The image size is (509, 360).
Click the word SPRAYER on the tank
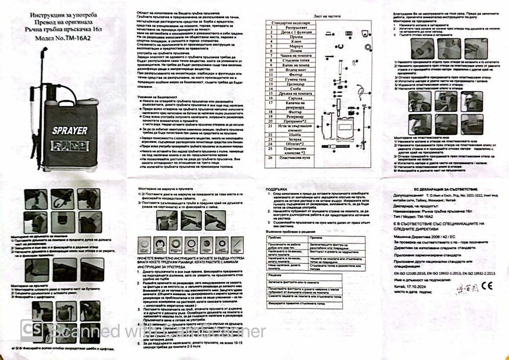(x=70, y=131)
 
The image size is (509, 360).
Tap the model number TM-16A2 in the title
(x=78, y=38)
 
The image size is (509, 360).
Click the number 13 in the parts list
(x=271, y=88)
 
